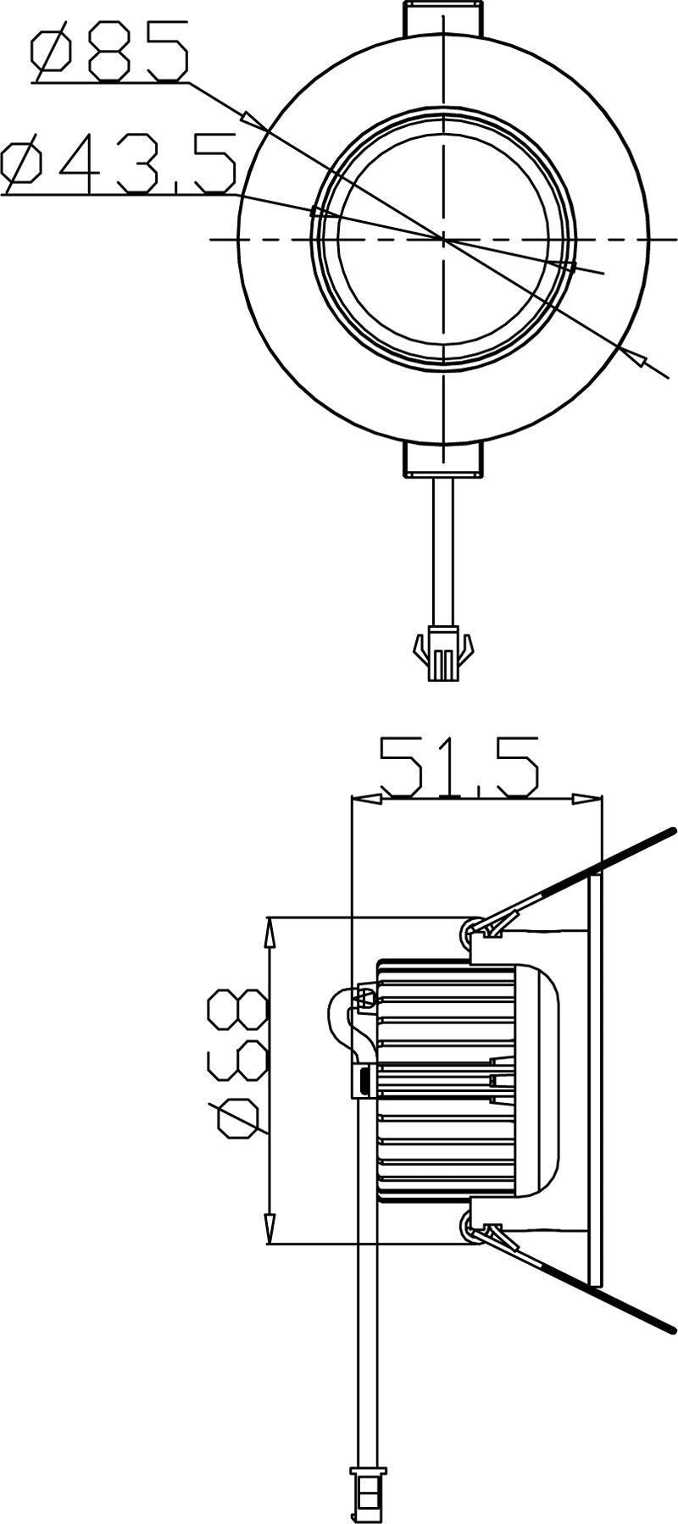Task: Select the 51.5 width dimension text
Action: (x=458, y=767)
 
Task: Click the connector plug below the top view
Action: (x=442, y=657)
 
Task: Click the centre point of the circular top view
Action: (x=443, y=240)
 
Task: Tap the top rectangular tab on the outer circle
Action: (x=443, y=18)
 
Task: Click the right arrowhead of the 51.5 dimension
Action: (x=586, y=799)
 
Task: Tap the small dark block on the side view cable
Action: (x=364, y=1081)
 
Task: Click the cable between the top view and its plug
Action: (x=442, y=551)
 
